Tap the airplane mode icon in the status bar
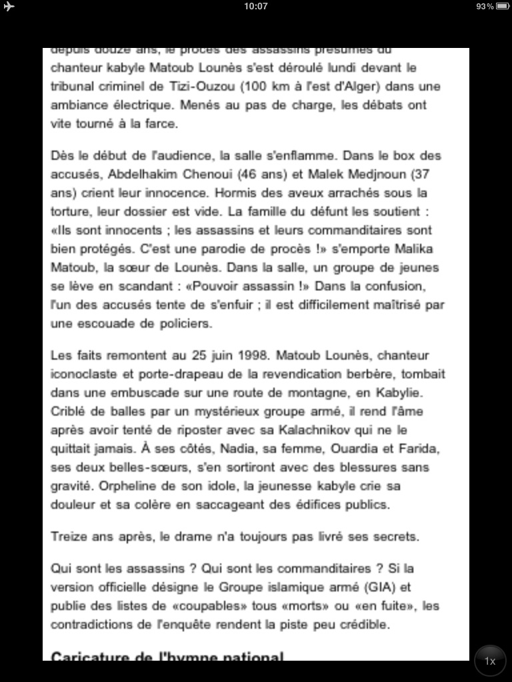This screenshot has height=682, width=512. coord(9,6)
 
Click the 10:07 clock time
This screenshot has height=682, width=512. coord(256,6)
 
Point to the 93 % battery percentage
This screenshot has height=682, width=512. coord(485,6)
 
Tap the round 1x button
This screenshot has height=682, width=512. coord(490,661)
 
